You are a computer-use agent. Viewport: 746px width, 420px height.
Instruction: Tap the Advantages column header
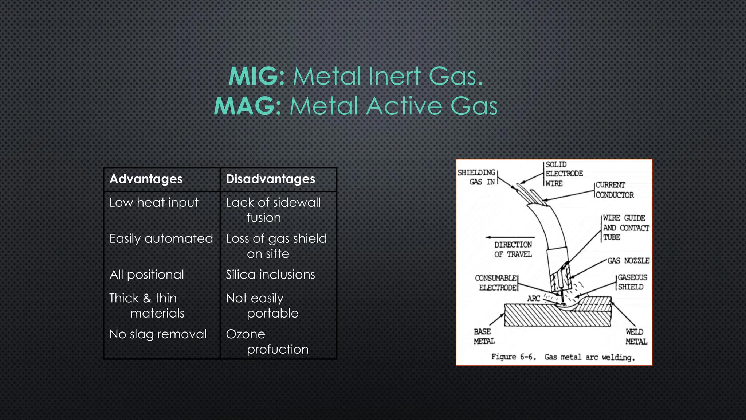pos(146,179)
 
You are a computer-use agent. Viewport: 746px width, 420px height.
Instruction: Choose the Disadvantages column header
pos(270,179)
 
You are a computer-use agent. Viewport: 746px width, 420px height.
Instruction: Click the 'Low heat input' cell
pos(154,202)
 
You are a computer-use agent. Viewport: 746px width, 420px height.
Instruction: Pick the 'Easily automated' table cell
pos(161,238)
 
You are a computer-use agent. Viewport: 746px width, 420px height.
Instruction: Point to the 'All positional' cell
pos(147,275)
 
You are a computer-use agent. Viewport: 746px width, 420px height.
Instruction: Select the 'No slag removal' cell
pos(158,334)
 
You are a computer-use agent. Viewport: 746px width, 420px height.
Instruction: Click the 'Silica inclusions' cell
pos(270,275)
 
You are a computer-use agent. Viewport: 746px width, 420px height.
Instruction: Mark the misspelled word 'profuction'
pos(278,349)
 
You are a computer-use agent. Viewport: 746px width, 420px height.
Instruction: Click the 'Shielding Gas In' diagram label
pos(476,177)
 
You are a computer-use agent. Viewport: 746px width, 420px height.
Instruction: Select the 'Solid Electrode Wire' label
pos(564,174)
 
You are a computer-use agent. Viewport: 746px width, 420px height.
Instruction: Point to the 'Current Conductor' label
pos(615,190)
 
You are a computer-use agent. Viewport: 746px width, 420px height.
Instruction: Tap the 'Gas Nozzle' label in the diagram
pos(628,260)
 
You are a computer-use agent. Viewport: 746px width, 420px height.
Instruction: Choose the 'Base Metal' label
pos(484,336)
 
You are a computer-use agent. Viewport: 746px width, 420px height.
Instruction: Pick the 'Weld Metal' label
pos(636,337)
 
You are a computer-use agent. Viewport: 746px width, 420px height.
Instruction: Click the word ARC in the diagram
pos(534,298)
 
